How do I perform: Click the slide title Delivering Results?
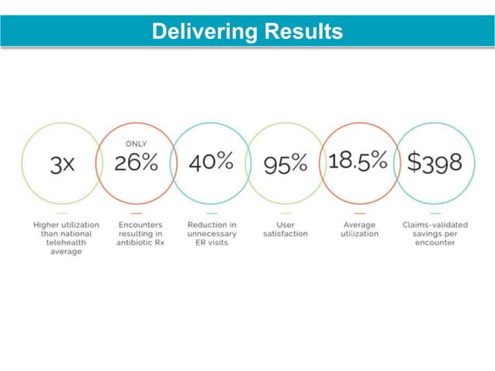click(x=247, y=32)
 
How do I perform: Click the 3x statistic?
click(x=62, y=164)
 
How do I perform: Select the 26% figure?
click(x=137, y=163)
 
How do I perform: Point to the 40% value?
click(x=210, y=161)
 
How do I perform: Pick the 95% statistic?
click(x=286, y=164)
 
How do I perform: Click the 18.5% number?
click(x=358, y=161)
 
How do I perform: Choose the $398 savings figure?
click(x=434, y=163)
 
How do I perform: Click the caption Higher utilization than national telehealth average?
click(x=61, y=238)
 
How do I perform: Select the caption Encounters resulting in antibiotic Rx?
click(x=136, y=233)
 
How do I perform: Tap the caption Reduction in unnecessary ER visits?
click(x=212, y=233)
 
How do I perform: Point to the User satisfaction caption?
click(x=286, y=228)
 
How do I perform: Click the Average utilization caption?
click(x=359, y=228)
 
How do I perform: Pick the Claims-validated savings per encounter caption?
click(x=434, y=233)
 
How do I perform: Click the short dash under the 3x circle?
click(x=62, y=213)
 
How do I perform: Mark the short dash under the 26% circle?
click(x=137, y=213)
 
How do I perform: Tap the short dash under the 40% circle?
click(x=211, y=213)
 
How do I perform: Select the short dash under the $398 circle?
click(x=434, y=213)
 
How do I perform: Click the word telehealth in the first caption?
click(x=61, y=242)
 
